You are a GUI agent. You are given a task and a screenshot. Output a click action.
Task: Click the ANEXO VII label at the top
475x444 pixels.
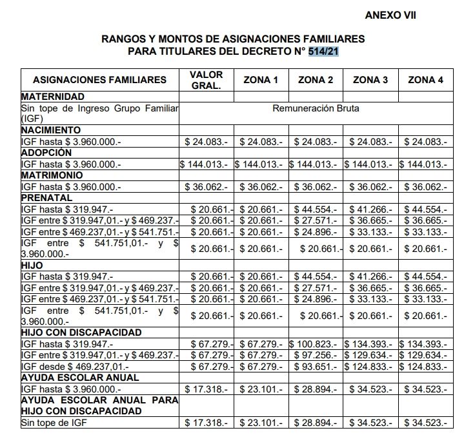390,15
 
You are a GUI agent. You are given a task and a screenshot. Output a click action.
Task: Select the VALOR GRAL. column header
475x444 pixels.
206,80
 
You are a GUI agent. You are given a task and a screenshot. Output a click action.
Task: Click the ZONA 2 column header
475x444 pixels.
316,80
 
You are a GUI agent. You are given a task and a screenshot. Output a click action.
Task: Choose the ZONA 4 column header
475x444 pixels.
426,80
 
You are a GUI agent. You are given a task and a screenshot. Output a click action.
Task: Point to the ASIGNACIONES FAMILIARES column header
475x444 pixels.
99,80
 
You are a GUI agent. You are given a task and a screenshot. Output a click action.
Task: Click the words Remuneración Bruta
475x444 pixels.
316,108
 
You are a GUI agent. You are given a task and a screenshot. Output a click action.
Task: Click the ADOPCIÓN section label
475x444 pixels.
46,153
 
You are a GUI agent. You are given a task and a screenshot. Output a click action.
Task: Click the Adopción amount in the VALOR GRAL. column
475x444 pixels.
206,164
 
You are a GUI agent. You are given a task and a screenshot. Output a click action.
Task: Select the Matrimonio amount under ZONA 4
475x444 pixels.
426,187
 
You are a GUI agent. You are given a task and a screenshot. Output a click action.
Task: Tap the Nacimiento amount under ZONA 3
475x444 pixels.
370,141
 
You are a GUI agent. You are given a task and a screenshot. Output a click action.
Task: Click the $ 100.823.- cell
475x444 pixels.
316,343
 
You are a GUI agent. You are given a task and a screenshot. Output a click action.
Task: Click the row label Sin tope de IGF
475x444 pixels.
56,423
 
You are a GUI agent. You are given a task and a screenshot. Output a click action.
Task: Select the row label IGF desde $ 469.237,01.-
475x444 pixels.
77,366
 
